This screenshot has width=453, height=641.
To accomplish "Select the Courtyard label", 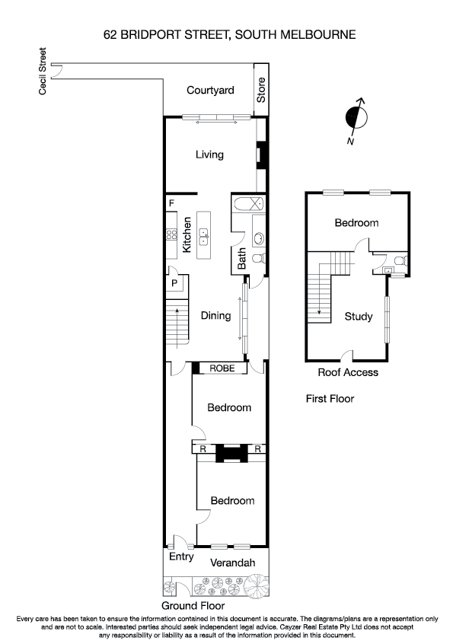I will point(209,91).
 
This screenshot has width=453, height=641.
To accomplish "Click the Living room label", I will point(209,155).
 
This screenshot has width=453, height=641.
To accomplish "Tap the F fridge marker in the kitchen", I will point(171,203).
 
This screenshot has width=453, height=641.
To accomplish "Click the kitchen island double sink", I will point(204,237).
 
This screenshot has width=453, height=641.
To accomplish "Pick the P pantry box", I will point(174,283).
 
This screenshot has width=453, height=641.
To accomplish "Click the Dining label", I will point(215,315).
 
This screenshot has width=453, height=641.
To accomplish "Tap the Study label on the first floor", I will point(358,317).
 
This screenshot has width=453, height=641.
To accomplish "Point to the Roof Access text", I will point(348,372).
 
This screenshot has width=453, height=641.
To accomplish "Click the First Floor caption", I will point(330,398).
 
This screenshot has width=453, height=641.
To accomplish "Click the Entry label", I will point(180,557).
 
